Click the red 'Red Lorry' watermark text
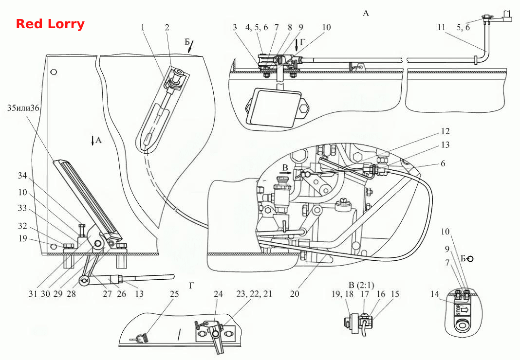pos(50,24)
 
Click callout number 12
pos(445,131)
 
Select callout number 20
pos(295,294)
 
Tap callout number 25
pos(174,294)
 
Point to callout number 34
pos(22,175)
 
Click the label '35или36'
pos(23,108)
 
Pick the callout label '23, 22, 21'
pos(254,294)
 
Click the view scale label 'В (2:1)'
pos(361,285)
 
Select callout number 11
pos(441,27)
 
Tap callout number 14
pos(435,294)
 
